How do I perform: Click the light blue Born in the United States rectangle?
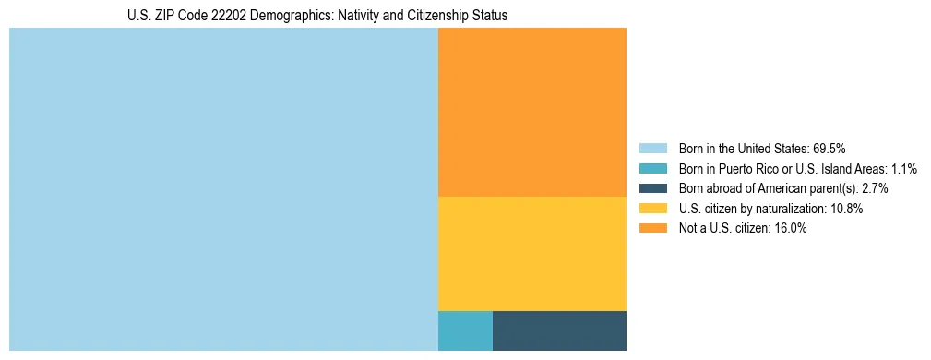point(223,189)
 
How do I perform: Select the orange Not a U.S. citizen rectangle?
point(531,112)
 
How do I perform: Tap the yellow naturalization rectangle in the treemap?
point(531,253)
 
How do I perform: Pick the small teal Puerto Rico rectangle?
point(465,330)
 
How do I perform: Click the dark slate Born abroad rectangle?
point(559,330)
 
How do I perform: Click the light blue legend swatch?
point(652,149)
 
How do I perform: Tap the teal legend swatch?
point(652,169)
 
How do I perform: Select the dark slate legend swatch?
point(652,188)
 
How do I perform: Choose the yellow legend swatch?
point(652,209)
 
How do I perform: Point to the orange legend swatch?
point(652,229)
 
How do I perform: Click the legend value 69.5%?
point(830,149)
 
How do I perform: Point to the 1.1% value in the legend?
point(904,169)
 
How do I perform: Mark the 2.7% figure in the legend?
point(875,188)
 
